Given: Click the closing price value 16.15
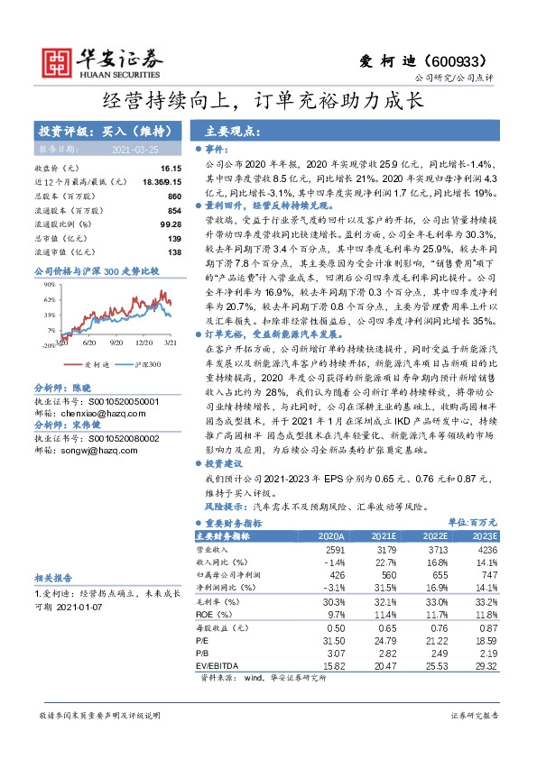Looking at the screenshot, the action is (171, 168).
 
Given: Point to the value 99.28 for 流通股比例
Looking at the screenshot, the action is (171, 224).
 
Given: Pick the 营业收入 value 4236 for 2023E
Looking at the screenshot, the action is (483, 548).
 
